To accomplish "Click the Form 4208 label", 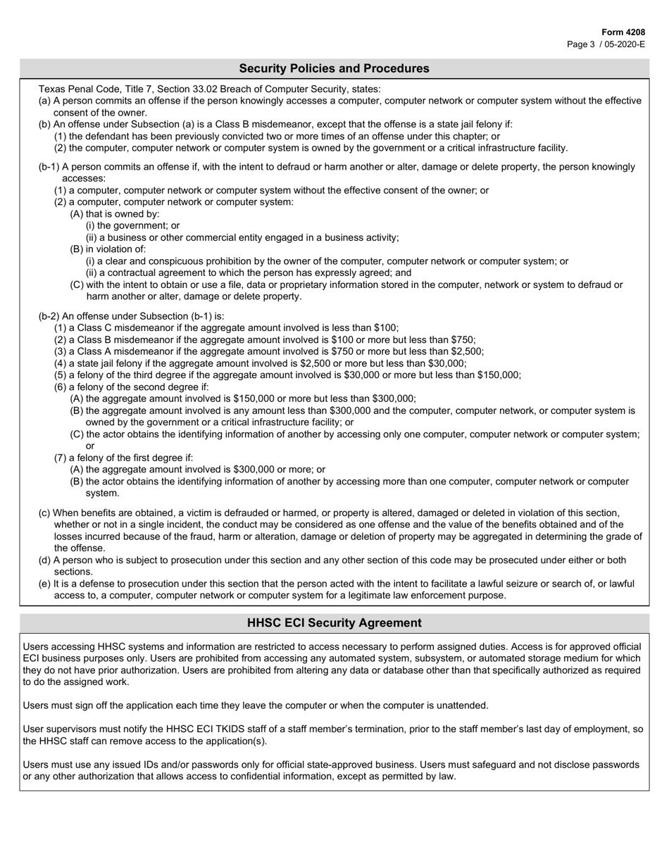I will point(623,32).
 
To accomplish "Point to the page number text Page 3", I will point(581,44).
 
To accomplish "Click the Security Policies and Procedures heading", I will point(334,68).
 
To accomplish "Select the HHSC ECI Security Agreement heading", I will point(334,623).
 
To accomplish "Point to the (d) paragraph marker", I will point(44,560).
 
